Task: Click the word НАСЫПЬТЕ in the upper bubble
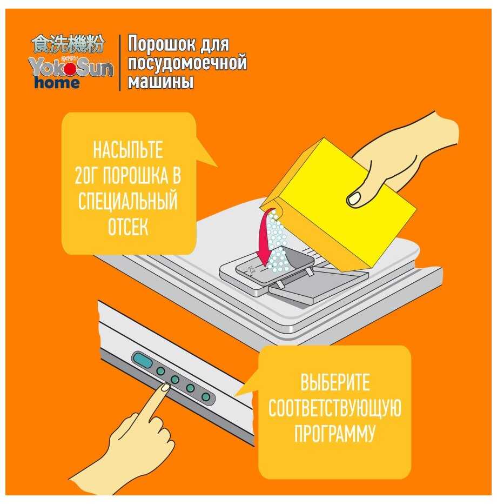[x=128, y=150]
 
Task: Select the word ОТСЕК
[x=128, y=227]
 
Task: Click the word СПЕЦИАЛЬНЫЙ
[x=128, y=201]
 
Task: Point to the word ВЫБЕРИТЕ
[x=335, y=382]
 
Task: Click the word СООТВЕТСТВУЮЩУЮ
[x=335, y=408]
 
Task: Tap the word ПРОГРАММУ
[x=335, y=434]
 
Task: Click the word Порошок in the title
[x=162, y=44]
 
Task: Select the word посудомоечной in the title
[x=187, y=63]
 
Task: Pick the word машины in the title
[x=160, y=81]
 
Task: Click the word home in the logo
[x=57, y=83]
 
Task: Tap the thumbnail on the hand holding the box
[x=354, y=198]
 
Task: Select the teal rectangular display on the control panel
[x=142, y=360]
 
